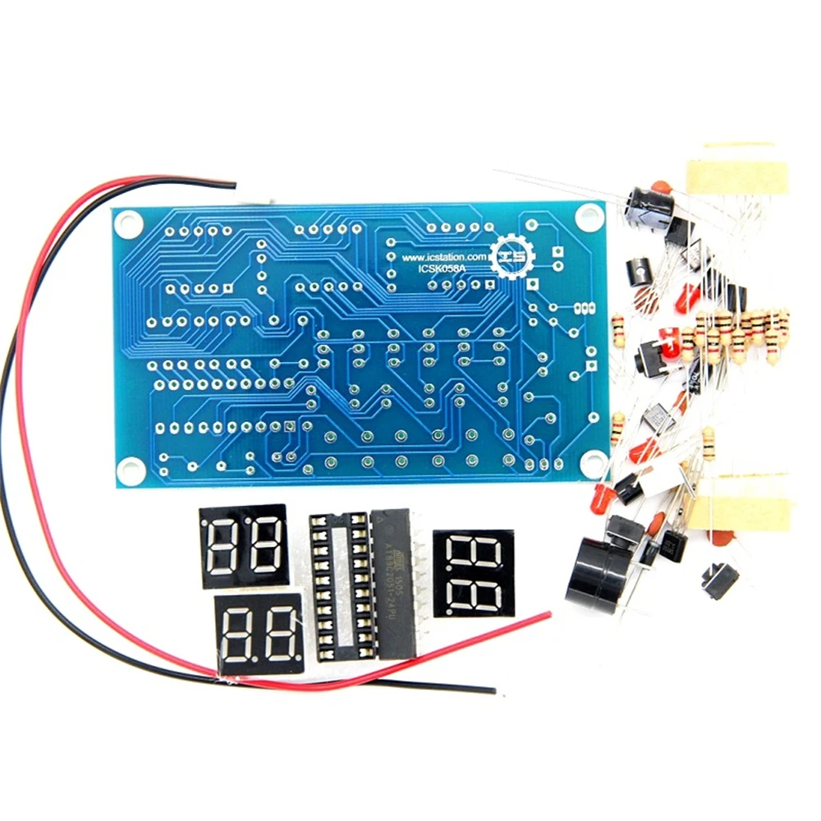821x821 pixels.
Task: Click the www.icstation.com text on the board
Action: coord(444,257)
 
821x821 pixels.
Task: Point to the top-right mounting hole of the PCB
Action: coord(588,216)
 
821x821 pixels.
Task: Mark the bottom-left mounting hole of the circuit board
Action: coord(129,469)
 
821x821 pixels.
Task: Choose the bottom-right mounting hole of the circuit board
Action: coord(593,465)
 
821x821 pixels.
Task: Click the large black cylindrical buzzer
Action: coord(594,567)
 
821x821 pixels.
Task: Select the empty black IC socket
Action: coord(338,585)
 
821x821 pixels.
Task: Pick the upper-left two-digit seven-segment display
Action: coord(243,546)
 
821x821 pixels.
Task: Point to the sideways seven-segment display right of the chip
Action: coord(474,573)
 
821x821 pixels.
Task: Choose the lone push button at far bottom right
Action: coord(719,580)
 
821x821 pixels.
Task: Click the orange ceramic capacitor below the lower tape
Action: coord(722,538)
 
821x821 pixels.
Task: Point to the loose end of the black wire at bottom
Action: coord(493,690)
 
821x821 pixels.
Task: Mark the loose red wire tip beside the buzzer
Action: coord(548,613)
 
